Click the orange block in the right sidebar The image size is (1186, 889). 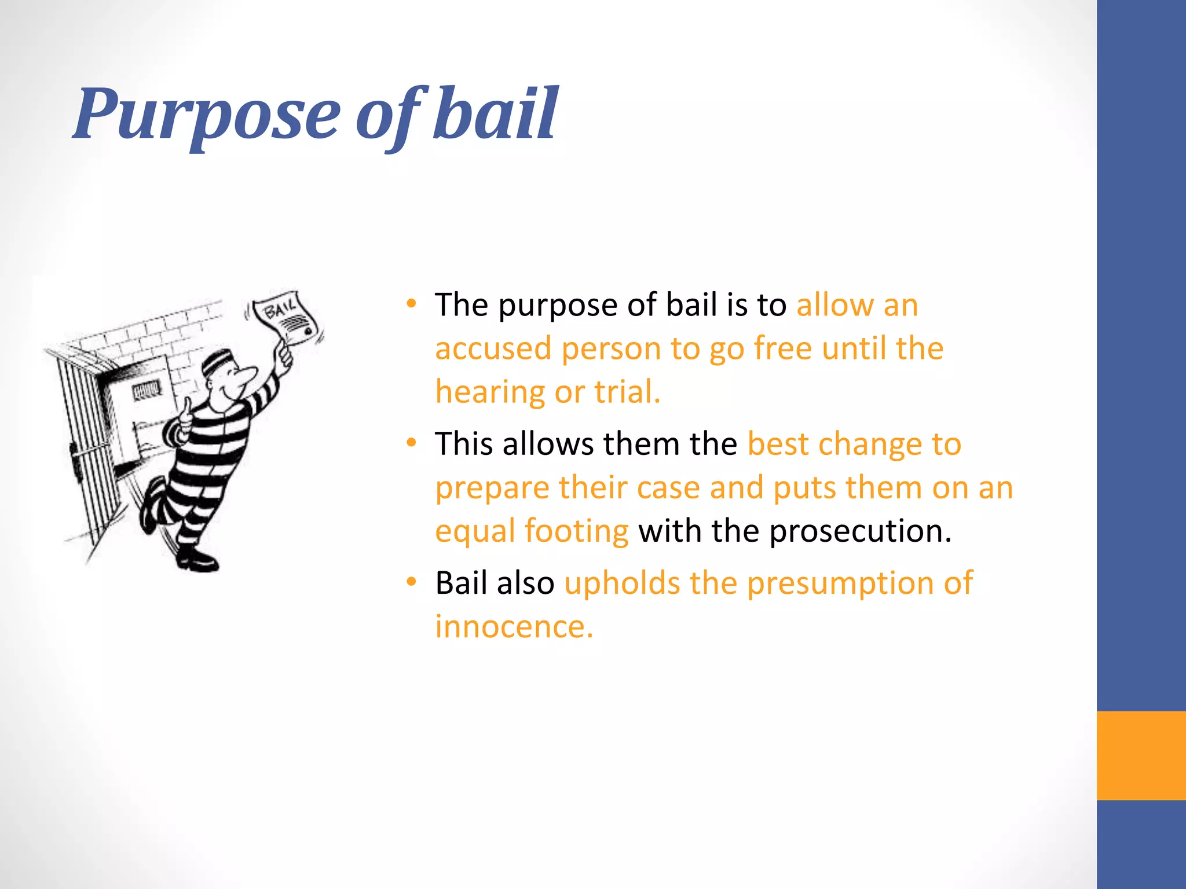(1141, 755)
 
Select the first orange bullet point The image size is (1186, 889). (411, 303)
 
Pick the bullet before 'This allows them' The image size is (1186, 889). (411, 443)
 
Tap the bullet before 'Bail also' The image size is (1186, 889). (411, 582)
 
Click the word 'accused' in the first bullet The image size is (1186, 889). (493, 349)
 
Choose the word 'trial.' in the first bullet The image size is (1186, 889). (627, 392)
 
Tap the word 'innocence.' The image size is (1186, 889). (514, 627)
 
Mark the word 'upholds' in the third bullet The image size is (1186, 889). (622, 583)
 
